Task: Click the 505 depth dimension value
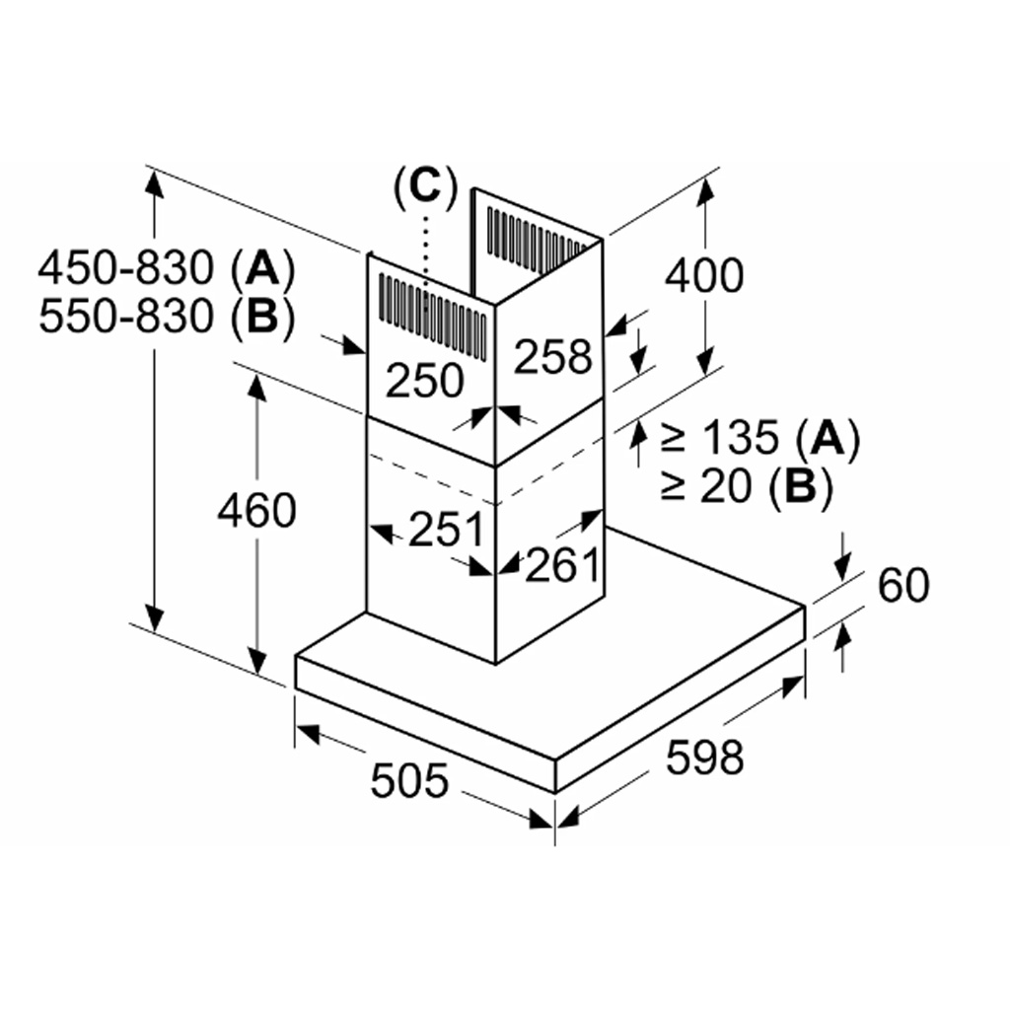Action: pyautogui.click(x=409, y=781)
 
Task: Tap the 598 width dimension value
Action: pyautogui.click(x=703, y=758)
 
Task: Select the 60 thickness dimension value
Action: pyautogui.click(x=902, y=586)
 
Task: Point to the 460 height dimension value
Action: pyautogui.click(x=256, y=510)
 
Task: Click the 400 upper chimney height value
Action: pyautogui.click(x=703, y=276)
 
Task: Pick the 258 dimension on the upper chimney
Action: pyautogui.click(x=553, y=356)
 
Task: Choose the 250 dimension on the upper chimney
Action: pyautogui.click(x=424, y=381)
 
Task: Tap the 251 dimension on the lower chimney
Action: pyautogui.click(x=446, y=530)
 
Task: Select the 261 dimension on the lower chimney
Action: pyautogui.click(x=562, y=565)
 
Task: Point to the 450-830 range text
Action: pyautogui.click(x=125, y=266)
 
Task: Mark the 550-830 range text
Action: pyautogui.click(x=125, y=317)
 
